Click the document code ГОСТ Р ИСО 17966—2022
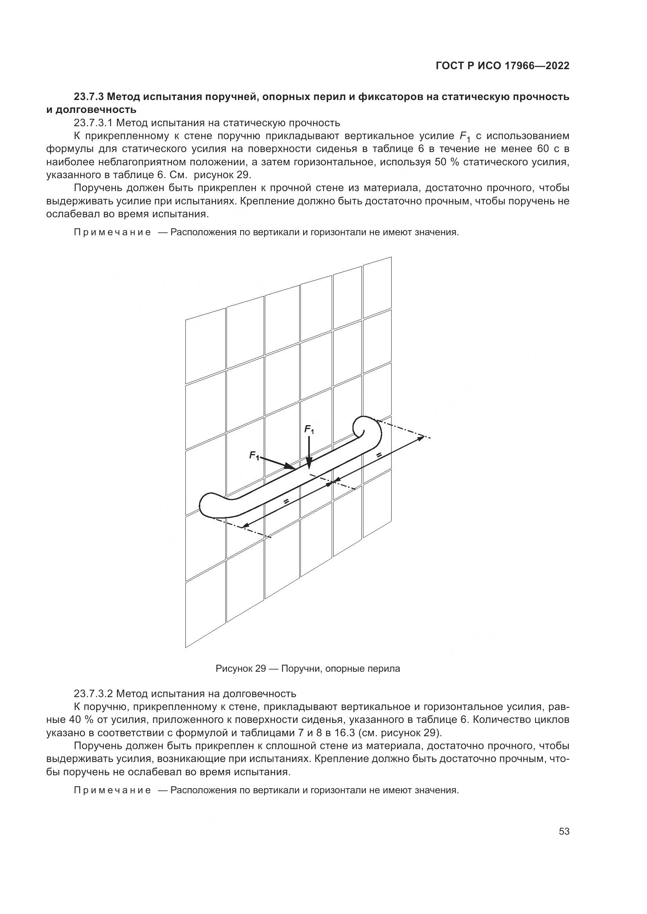[x=502, y=66]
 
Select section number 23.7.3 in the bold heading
[x=90, y=97]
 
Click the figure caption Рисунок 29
[x=241, y=668]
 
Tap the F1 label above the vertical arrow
[x=309, y=429]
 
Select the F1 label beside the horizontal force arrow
[x=254, y=455]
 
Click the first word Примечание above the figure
[x=112, y=233]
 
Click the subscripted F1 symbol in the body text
[x=465, y=136]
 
